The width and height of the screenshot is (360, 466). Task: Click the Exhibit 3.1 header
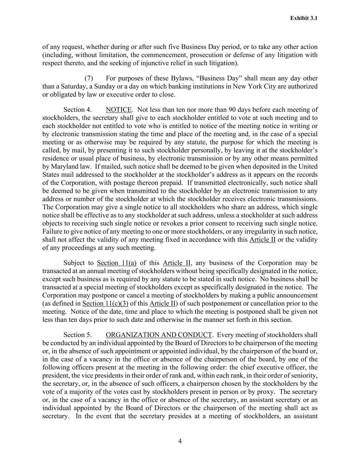[304, 18]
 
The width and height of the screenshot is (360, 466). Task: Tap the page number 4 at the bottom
[180, 441]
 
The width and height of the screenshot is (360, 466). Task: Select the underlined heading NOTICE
[119, 110]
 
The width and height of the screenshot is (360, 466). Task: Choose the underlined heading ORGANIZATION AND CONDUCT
[159, 335]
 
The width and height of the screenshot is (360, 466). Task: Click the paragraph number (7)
[89, 79]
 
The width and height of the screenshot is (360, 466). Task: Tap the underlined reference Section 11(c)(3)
[103, 303]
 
